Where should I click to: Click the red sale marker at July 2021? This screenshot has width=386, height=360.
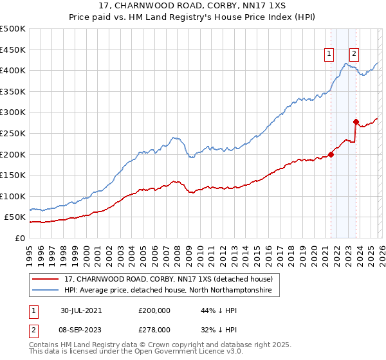pyautogui.click(x=331, y=154)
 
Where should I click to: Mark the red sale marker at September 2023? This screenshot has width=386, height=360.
pyautogui.click(x=355, y=122)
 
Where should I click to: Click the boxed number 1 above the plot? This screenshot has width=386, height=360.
pyautogui.click(x=329, y=55)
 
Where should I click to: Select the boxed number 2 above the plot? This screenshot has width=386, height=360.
pyautogui.click(x=354, y=55)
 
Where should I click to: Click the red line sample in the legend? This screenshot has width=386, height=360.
pyautogui.click(x=46, y=279)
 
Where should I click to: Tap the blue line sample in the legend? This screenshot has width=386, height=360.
pyautogui.click(x=46, y=291)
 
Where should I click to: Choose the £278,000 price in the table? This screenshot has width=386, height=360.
pyautogui.click(x=154, y=329)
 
